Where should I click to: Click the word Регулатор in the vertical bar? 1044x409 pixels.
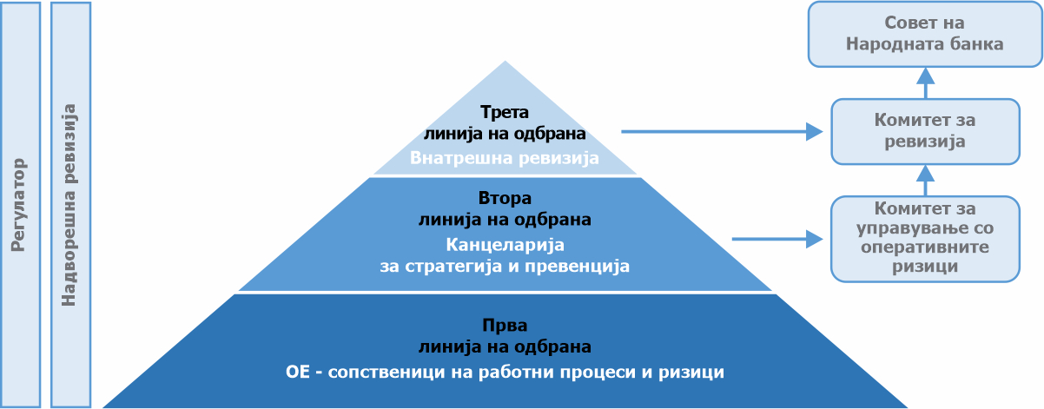[x=18, y=205]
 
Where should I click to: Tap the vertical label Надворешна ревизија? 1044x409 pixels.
[x=69, y=205]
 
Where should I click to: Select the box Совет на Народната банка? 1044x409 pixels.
[x=925, y=34]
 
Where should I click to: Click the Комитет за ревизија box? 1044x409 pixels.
[x=925, y=131]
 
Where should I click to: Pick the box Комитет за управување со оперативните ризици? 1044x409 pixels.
[x=925, y=239]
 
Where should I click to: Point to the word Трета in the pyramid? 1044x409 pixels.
[x=505, y=112]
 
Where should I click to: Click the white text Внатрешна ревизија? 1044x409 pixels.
[x=505, y=158]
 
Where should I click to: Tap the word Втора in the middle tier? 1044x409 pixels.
[x=505, y=198]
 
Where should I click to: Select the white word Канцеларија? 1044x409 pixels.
[x=505, y=245]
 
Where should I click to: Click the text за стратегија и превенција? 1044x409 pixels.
[x=505, y=266]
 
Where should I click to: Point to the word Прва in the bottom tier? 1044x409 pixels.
[x=505, y=325]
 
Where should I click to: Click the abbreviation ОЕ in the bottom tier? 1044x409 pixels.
[x=298, y=372]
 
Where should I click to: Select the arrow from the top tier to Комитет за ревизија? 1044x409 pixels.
[x=722, y=132]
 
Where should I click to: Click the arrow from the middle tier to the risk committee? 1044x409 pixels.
[x=777, y=239]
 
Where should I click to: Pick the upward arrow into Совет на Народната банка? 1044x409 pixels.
[x=926, y=82]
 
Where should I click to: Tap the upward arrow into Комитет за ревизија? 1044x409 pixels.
[x=926, y=181]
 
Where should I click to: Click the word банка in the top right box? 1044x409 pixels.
[x=976, y=44]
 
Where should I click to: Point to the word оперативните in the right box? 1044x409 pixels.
[x=925, y=247]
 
